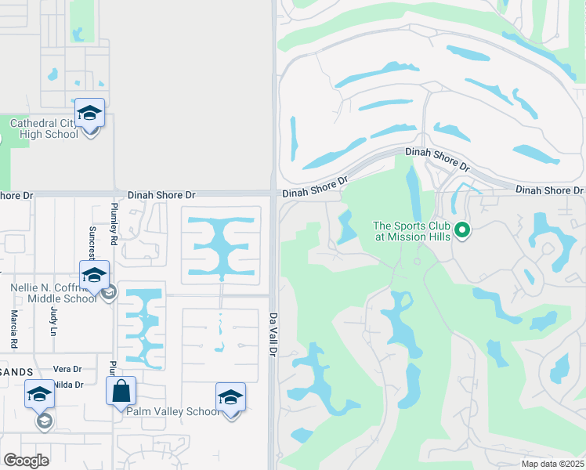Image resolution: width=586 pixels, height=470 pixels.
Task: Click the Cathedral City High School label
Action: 44,128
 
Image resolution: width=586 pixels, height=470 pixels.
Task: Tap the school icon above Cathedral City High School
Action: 89,114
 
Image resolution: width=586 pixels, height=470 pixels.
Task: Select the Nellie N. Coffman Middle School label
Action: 53,293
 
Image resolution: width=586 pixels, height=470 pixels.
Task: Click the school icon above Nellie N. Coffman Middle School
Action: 94,275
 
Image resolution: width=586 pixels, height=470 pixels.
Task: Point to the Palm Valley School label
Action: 173,411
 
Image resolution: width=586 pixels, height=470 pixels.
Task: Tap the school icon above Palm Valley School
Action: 230,397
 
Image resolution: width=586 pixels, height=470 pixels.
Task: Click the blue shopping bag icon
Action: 121,391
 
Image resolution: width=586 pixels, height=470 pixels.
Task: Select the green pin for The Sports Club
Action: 462,230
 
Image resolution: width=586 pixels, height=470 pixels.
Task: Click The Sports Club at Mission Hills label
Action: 411,231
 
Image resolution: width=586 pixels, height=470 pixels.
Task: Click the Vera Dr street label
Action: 67,369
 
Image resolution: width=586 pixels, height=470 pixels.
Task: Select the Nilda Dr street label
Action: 68,384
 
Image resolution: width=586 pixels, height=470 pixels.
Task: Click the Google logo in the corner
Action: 27,461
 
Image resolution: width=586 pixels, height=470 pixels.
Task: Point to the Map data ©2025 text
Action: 552,464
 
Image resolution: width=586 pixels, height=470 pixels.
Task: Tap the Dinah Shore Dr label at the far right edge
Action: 550,190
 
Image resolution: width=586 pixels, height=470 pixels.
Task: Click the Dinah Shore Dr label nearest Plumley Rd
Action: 161,194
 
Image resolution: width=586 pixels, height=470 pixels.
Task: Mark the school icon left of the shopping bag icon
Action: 39,396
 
